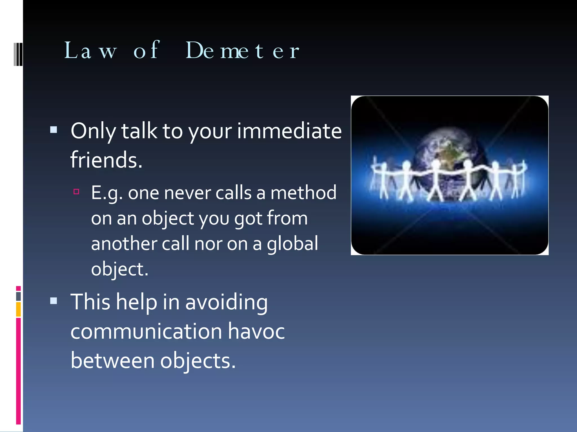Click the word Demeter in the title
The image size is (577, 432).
242,51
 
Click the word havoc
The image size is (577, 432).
256,331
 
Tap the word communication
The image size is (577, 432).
146,331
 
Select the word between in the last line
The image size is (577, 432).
112,361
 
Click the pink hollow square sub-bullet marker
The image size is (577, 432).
76,192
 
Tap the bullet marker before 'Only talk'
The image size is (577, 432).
54,130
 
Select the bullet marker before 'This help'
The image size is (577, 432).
54,301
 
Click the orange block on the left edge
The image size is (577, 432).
18,309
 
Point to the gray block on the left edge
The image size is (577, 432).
18,296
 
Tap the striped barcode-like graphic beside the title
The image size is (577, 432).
18,54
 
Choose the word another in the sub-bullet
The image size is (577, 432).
124,244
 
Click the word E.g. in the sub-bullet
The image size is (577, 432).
107,193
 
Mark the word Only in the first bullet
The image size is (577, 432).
93,131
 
